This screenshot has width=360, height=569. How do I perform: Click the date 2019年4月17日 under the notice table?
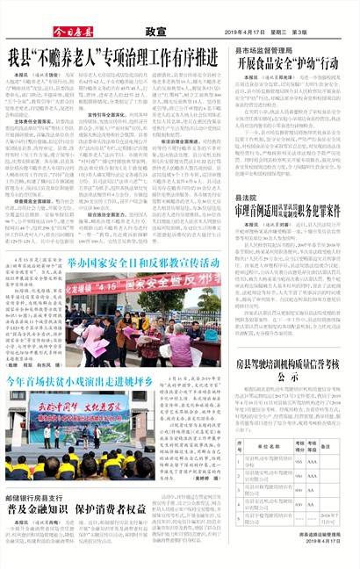[x=326, y=542]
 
